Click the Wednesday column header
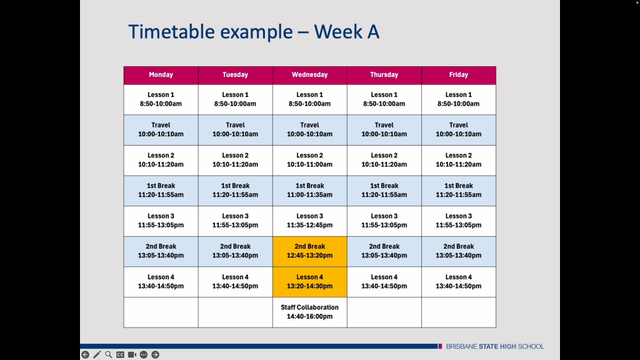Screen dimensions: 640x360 [x=310, y=75]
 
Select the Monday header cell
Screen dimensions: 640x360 [x=161, y=75]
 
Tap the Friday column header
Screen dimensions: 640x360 [x=459, y=75]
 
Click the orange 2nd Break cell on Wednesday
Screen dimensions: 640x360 [x=310, y=251]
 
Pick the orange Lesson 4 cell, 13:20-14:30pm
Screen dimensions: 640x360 [x=310, y=282]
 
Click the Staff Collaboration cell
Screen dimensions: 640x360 [x=310, y=312]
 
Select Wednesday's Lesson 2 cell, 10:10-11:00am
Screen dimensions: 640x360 [x=310, y=161]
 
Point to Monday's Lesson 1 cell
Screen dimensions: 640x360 [x=161, y=99]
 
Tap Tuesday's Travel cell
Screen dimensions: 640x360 [x=236, y=130]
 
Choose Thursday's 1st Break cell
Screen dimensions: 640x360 [x=384, y=191]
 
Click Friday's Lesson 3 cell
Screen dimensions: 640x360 [x=459, y=221]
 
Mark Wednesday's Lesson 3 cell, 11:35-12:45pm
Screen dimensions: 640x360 [x=310, y=221]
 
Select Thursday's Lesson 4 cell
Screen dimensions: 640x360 [x=384, y=282]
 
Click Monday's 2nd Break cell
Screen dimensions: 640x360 [x=161, y=251]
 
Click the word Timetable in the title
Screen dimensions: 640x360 [x=171, y=32]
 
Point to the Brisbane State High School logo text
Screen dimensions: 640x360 [x=495, y=346]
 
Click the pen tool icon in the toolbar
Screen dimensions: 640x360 [x=97, y=355]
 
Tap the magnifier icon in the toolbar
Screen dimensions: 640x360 [x=109, y=355]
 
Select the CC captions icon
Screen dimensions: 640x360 [x=120, y=355]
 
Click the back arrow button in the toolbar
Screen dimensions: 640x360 [x=85, y=355]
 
